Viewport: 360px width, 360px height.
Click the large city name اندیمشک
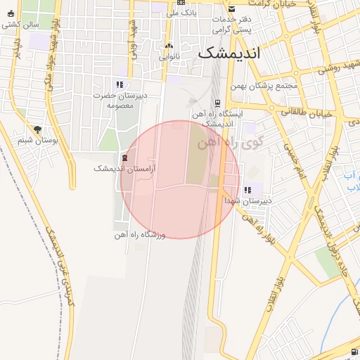pyautogui.click(x=229, y=52)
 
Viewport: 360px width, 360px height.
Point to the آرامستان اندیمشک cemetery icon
pyautogui.click(x=125, y=158)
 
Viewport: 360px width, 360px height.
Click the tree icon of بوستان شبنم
pyautogui.click(x=37, y=129)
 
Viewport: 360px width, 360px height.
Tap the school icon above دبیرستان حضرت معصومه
pyautogui.click(x=120, y=84)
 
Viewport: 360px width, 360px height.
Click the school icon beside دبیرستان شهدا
pyautogui.click(x=247, y=190)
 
